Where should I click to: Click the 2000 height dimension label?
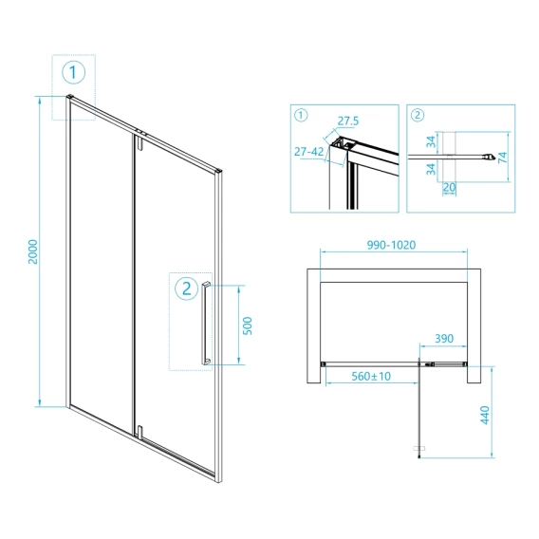coord(33,251)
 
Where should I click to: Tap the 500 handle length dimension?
coord(247,325)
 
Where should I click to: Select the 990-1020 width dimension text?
coord(391,245)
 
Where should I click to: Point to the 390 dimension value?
coord(444,338)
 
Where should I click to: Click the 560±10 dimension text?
coord(371,376)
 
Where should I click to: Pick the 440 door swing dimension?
coord(485,415)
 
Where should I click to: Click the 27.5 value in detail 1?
coord(348,121)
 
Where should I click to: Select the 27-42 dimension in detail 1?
coord(308,151)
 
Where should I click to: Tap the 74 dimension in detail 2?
coord(503,158)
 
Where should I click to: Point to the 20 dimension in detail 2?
coord(449,187)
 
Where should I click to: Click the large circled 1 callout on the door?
coord(74,72)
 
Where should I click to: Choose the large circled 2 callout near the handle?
coord(187,288)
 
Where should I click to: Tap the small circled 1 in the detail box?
coord(301,115)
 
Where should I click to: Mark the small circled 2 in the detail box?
coord(418,115)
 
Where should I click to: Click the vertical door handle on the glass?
coord(206,323)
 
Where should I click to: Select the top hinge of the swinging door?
coord(139,142)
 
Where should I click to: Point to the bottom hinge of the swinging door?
coord(139,432)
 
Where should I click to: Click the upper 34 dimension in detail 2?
coord(431,141)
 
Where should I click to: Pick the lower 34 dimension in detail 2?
coord(431,169)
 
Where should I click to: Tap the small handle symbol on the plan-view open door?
coord(419,448)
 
